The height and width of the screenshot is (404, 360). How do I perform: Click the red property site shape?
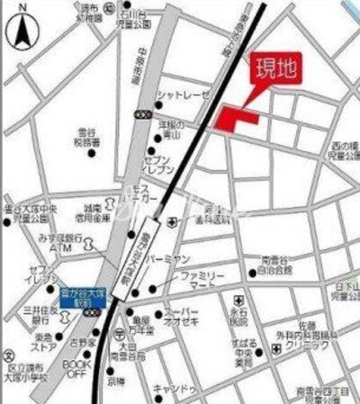(236, 118)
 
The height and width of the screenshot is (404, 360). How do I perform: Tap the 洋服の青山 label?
(172, 129)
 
